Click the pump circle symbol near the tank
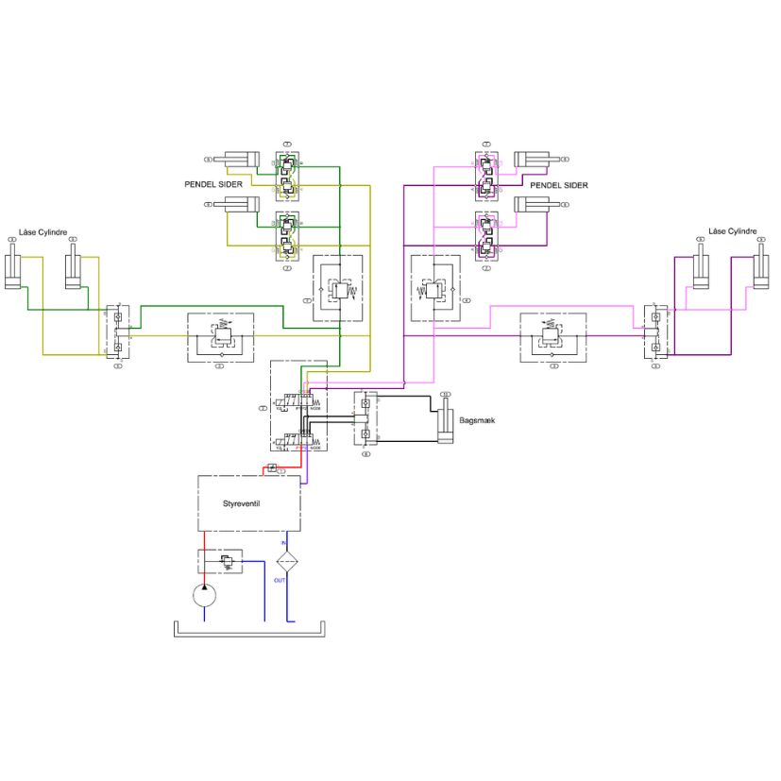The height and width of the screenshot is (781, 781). point(204,595)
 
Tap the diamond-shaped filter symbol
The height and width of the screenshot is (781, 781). point(288,560)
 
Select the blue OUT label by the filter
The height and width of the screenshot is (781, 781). point(280,580)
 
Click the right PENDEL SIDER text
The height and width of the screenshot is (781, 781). point(559,185)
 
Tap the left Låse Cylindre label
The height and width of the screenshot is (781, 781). point(43,231)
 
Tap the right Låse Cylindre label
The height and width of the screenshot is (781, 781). point(733,231)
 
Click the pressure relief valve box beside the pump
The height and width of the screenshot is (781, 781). point(220,561)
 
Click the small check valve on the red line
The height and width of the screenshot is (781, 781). point(272,468)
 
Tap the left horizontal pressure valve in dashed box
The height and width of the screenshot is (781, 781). point(220,335)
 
